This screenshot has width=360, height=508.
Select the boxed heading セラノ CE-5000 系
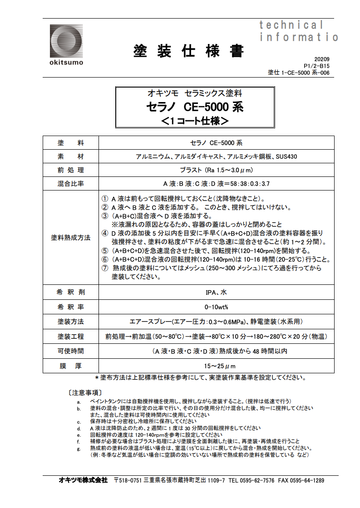click(195, 107)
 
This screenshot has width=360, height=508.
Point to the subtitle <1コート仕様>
click(195, 121)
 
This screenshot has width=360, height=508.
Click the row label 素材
click(71, 156)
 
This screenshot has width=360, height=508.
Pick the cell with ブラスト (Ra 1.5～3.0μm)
click(216, 170)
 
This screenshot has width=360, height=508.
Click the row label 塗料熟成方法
click(71, 237)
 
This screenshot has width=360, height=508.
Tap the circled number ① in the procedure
click(104, 199)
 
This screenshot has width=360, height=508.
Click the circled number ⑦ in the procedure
click(104, 268)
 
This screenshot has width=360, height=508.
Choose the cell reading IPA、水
click(216, 293)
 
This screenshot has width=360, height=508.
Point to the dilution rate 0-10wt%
click(216, 307)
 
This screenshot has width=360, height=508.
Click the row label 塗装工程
click(71, 337)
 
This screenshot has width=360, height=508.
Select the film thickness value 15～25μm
click(216, 366)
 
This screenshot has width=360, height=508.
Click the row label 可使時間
click(71, 351)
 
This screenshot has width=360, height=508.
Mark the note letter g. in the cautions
click(79, 449)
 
